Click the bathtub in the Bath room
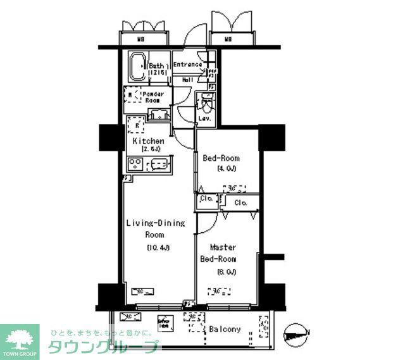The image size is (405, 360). [136, 68]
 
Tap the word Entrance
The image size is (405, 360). [188, 65]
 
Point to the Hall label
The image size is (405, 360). [188, 80]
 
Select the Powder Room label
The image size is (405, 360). [155, 97]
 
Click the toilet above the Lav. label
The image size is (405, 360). [206, 101]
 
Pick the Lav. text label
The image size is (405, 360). [205, 118]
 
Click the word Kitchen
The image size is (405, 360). [149, 141]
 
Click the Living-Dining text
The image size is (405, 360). [155, 223]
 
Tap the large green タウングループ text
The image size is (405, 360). [103, 347]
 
